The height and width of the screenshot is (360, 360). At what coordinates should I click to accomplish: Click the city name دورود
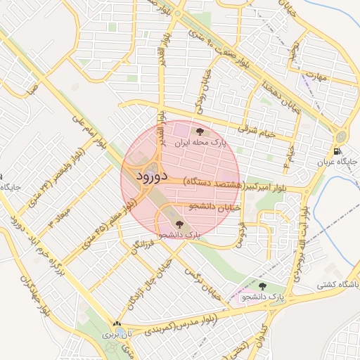(x=151, y=176)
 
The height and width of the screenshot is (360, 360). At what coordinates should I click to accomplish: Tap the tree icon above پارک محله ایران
(x=201, y=131)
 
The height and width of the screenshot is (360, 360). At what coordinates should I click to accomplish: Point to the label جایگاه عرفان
(x=337, y=162)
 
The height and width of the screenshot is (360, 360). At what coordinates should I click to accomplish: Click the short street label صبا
(x=30, y=90)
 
